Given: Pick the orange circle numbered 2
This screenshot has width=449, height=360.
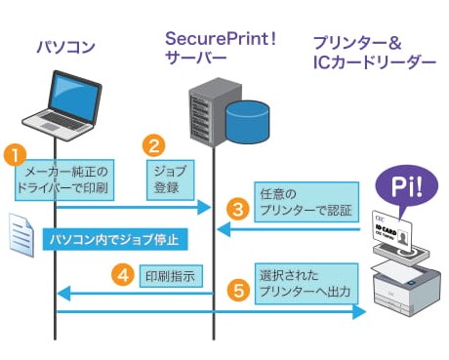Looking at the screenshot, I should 153,146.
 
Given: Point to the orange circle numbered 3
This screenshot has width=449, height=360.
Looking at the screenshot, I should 235,207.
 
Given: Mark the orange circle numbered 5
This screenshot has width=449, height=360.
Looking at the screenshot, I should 236,289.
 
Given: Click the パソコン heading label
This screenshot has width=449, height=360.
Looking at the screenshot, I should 66,46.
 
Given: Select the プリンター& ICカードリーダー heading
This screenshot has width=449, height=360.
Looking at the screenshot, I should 373,53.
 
